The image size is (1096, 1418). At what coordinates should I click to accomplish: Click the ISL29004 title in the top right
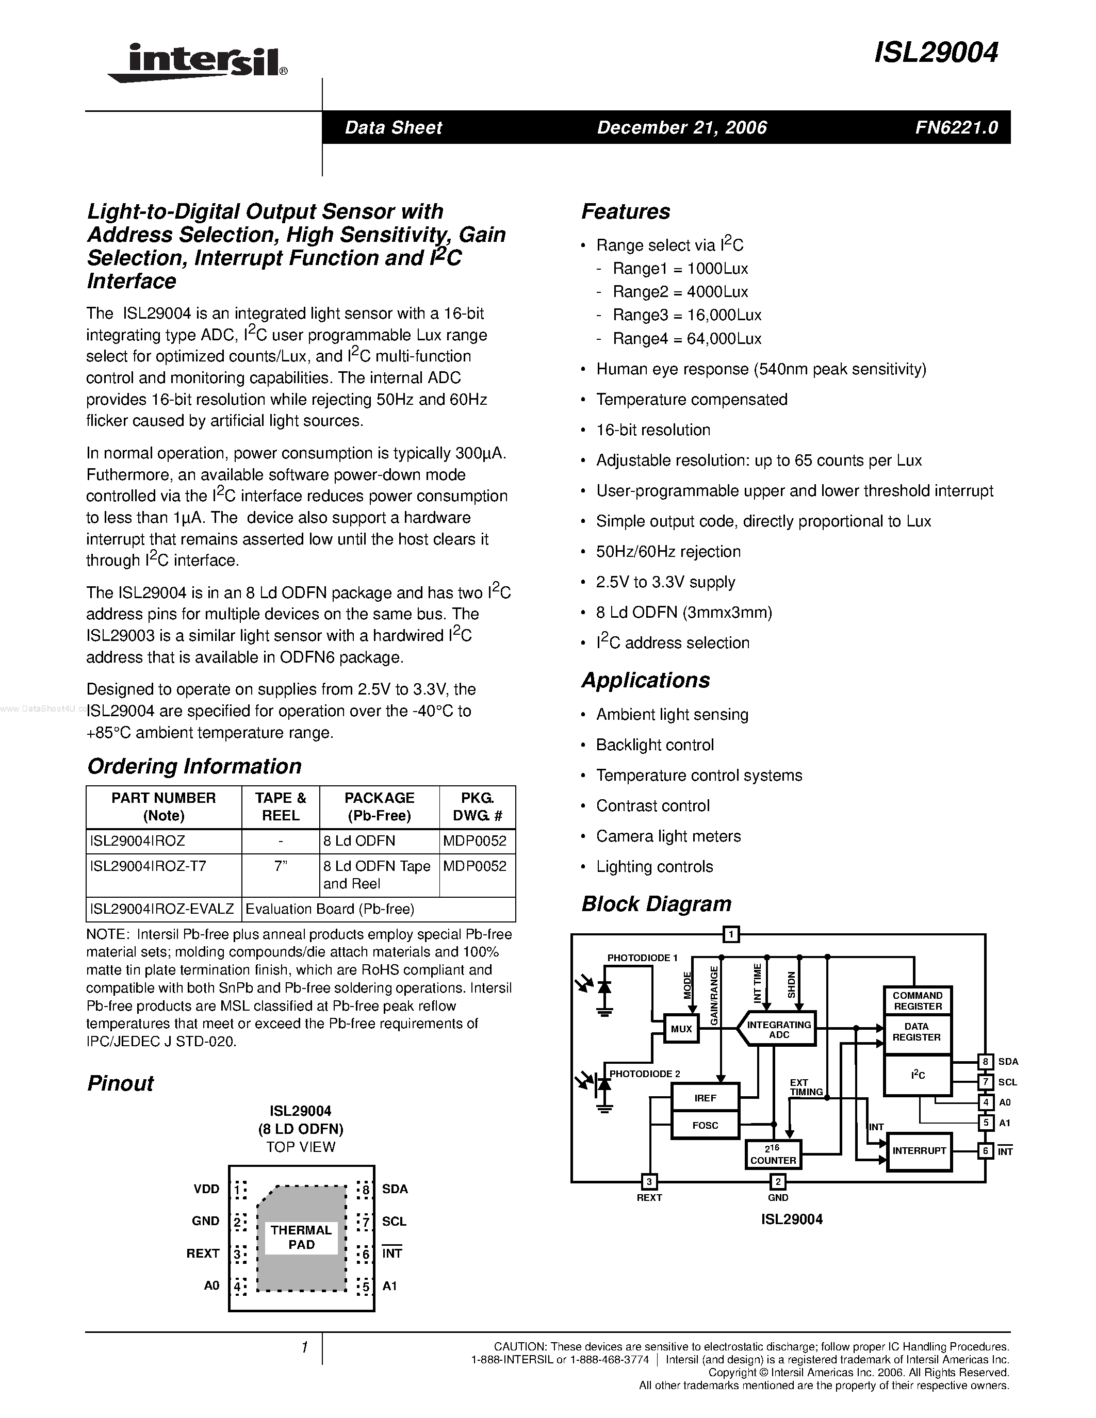pos(936,53)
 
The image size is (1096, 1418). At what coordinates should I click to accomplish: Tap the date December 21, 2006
pos(682,127)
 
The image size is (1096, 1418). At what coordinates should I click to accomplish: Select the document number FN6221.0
pos(956,127)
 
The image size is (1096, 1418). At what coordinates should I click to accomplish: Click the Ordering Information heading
pos(194,766)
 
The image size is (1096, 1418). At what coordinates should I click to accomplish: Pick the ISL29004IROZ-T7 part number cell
pos(148,866)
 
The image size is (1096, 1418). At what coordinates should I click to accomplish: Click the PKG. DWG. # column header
pos(477,806)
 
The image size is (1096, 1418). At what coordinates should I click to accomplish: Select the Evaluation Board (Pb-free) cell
pos(330,909)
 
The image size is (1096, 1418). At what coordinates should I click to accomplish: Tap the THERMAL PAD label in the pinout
pos(301,1237)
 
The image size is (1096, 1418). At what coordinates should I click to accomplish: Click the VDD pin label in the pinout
pos(206,1189)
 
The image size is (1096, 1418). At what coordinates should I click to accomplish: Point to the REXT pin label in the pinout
pos(203,1253)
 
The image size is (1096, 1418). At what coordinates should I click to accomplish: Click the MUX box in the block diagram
pos(681,1029)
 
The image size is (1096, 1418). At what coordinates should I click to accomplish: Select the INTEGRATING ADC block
pos(778,1029)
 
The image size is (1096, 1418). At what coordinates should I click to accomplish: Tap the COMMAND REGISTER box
pos(917,1000)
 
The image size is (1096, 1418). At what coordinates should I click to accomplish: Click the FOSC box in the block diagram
pos(705,1125)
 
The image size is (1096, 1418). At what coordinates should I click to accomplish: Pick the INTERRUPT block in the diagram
pos(919,1150)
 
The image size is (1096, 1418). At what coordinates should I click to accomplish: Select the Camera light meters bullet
pos(668,836)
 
